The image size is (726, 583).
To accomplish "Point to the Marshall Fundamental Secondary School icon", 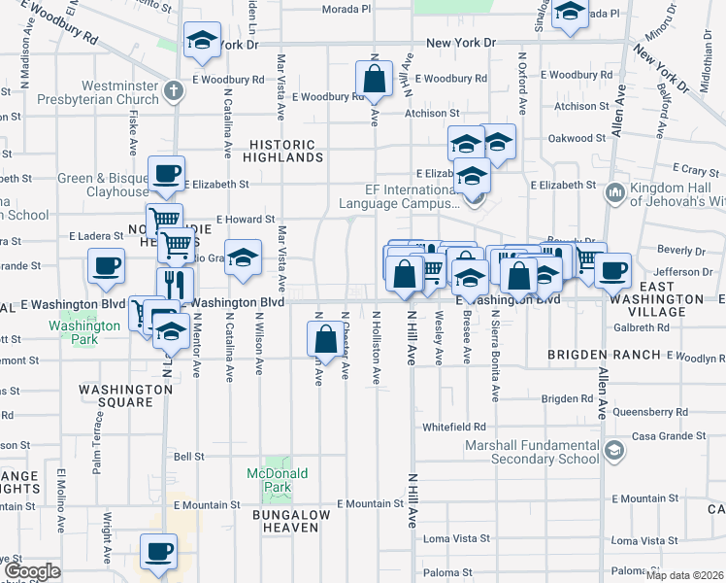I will click(613, 451).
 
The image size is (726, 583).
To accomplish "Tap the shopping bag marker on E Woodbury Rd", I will click(374, 77).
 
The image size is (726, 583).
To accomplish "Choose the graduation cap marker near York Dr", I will click(202, 40).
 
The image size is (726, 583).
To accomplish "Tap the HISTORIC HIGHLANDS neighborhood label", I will click(281, 150).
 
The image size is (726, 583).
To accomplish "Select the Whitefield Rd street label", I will click(454, 427).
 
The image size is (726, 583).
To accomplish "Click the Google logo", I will click(33, 571).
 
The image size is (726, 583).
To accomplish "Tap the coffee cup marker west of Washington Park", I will click(106, 265).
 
